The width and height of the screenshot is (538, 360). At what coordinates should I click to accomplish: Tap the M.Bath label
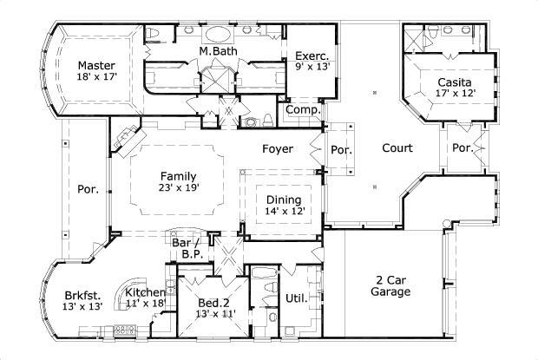click(x=214, y=52)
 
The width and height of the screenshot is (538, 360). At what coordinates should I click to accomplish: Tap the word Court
click(x=397, y=148)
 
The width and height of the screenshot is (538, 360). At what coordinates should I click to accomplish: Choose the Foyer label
click(x=278, y=149)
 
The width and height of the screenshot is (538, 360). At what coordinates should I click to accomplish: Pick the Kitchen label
click(x=146, y=292)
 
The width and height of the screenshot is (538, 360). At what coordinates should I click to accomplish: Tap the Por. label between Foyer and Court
click(x=342, y=150)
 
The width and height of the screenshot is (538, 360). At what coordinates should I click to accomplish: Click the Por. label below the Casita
click(x=462, y=148)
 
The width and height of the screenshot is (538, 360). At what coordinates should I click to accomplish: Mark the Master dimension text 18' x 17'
click(x=95, y=77)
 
